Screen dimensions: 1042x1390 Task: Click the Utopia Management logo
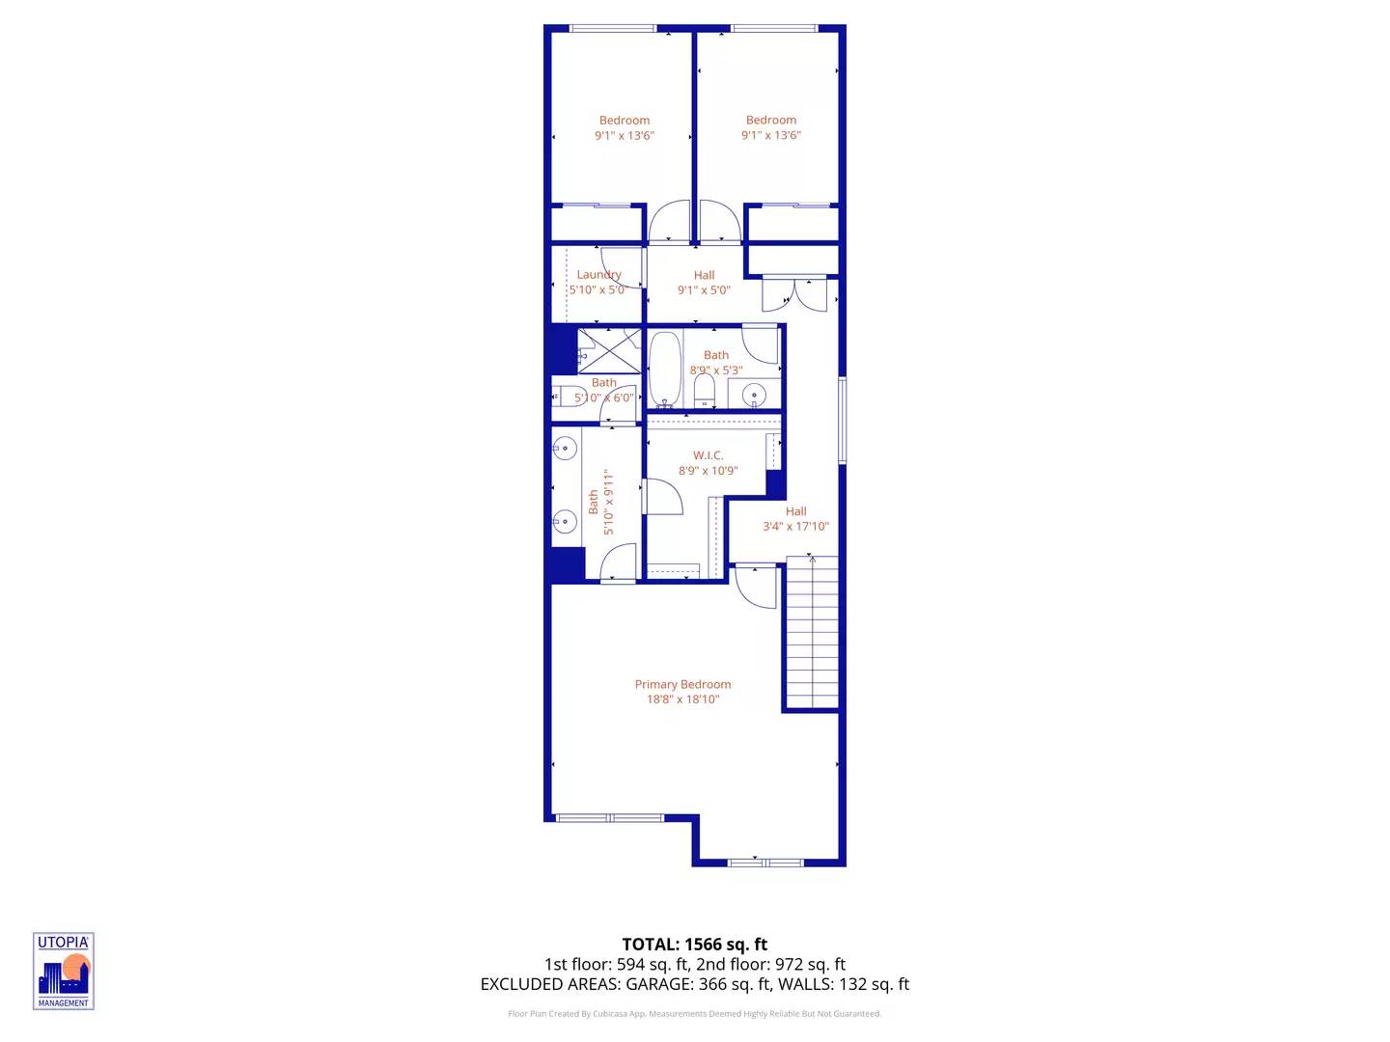(64, 971)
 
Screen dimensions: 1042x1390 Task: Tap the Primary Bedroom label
(682, 684)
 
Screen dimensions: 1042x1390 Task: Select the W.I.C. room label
(708, 455)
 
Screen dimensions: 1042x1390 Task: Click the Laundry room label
(598, 275)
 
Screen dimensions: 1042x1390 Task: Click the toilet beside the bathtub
(705, 390)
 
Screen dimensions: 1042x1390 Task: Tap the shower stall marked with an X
(609, 350)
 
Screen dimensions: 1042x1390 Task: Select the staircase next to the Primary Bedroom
(812, 633)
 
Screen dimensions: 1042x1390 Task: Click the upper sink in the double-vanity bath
(565, 449)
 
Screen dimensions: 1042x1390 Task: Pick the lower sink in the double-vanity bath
(565, 522)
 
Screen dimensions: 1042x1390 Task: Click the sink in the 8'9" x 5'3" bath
(754, 395)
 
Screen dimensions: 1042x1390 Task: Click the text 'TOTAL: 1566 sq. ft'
(694, 945)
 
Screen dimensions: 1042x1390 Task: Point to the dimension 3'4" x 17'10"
(795, 527)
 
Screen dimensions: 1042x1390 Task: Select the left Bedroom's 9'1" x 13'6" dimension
(625, 136)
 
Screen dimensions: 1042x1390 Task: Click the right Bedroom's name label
(771, 121)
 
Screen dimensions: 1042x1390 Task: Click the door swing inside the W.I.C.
(664, 496)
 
